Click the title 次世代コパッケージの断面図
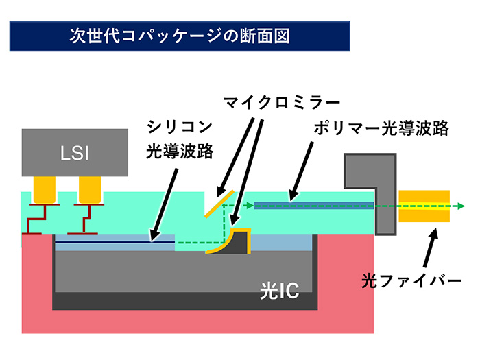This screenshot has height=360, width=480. tap(180, 36)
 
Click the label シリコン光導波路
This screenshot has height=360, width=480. tap(180, 139)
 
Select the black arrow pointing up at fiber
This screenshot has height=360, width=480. tap(428, 250)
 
